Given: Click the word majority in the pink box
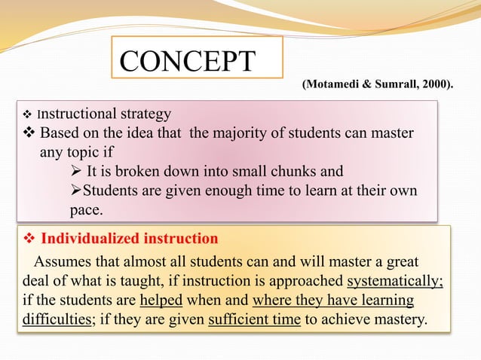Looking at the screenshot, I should tap(240, 134).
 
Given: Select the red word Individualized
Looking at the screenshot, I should tap(83, 239).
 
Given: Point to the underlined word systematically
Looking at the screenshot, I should tap(394, 282).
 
